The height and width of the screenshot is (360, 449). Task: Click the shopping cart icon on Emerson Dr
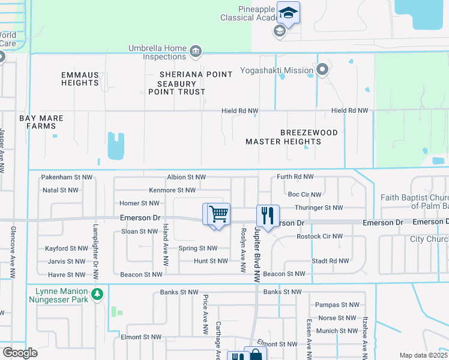pos(219,213)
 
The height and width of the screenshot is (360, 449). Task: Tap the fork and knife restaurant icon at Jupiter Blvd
pos(268,214)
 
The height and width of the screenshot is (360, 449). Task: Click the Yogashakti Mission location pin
pos(322,70)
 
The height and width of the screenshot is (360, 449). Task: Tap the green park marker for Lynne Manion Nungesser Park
pos(97,295)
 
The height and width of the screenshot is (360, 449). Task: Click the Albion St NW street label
pos(186,177)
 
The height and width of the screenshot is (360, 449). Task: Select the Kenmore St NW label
pos(172,190)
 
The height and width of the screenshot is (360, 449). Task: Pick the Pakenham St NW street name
pos(67,177)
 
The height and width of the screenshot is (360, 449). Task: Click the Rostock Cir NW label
pos(320,236)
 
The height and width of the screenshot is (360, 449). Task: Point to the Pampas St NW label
pos(336,305)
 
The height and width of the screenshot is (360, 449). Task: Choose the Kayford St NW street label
pos(67,248)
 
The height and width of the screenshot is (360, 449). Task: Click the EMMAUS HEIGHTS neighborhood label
pos(80,79)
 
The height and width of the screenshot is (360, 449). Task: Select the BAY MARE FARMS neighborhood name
pos(41,122)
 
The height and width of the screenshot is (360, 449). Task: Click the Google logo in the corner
pos(20,352)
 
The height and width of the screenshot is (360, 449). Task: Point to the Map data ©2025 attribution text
pos(424,355)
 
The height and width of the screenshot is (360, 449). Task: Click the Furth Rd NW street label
pos(295,177)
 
